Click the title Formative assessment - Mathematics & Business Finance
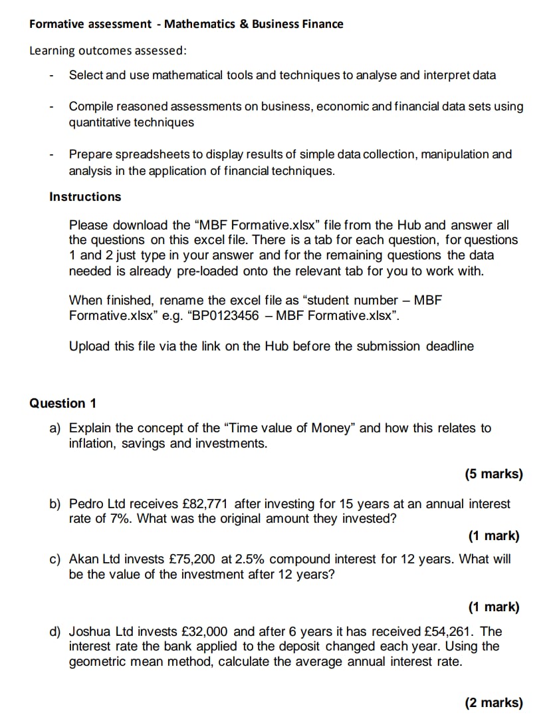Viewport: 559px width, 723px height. [x=186, y=25]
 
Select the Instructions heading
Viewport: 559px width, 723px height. [x=85, y=197]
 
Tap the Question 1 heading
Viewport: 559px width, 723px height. [x=63, y=404]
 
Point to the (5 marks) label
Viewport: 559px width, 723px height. [x=493, y=474]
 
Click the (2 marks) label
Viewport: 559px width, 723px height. [x=493, y=702]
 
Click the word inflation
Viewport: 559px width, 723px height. [x=92, y=444]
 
